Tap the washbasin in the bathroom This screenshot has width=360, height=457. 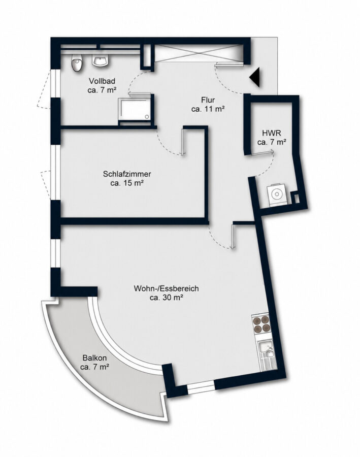click(x=101, y=60)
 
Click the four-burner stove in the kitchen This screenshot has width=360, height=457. click(x=261, y=324)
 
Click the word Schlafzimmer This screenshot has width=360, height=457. click(x=127, y=174)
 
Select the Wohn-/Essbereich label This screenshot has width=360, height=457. click(x=166, y=288)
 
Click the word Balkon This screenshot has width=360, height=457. click(x=94, y=357)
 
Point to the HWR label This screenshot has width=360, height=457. click(x=271, y=133)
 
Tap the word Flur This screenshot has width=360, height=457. click(x=208, y=100)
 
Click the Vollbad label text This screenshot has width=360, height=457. click(x=102, y=81)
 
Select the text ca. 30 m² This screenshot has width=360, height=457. click(x=166, y=298)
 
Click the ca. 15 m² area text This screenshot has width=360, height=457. click(x=127, y=183)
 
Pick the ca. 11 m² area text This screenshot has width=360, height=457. click(x=208, y=109)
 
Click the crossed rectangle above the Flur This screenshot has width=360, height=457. click(x=199, y=53)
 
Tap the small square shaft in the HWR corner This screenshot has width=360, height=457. click(x=296, y=198)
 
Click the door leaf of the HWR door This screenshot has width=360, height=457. click(x=262, y=151)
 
